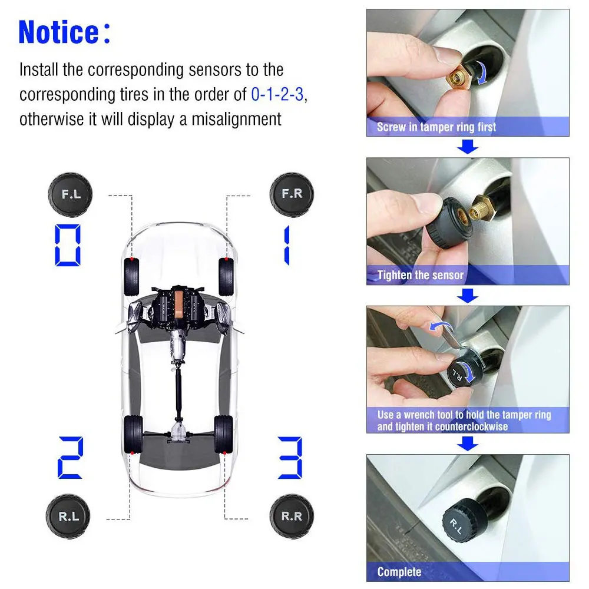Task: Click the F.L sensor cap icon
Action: point(70,194)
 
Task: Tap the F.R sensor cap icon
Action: point(291,194)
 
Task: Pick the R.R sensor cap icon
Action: point(291,516)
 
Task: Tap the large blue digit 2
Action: point(70,457)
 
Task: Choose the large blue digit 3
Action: point(290,457)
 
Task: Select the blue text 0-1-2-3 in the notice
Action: point(277,94)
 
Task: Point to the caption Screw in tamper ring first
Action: point(436,127)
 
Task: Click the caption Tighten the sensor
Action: point(421,275)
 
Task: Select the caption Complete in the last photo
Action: point(399,571)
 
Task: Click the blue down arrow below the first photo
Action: point(468,147)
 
